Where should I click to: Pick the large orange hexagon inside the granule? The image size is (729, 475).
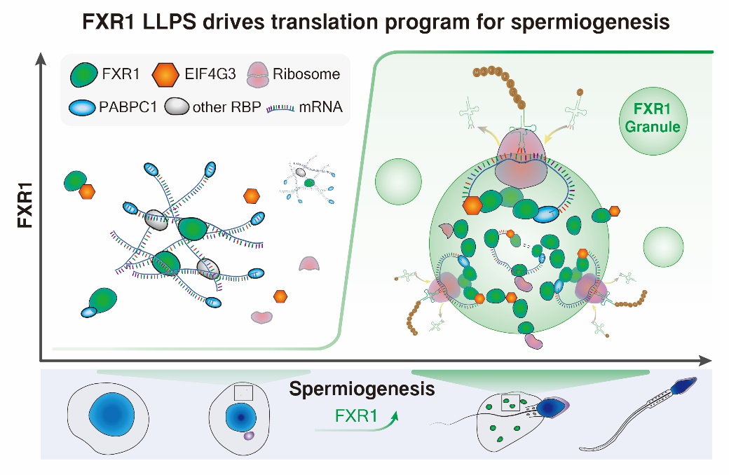(x=474, y=205)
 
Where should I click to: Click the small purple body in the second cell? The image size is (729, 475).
(x=249, y=436)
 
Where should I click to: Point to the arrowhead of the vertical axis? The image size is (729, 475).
(x=44, y=59)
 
